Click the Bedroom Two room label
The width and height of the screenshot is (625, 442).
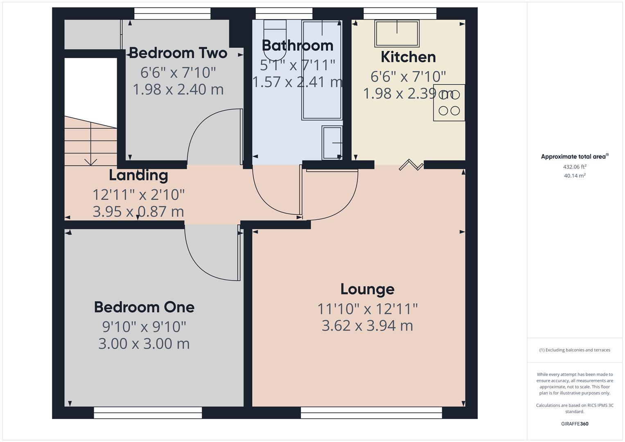click(x=178, y=53)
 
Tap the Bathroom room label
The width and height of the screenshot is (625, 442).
click(x=298, y=45)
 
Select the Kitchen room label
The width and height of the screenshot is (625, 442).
click(x=408, y=57)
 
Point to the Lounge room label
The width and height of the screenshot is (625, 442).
click(x=367, y=289)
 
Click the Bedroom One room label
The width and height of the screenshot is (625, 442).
click(x=144, y=307)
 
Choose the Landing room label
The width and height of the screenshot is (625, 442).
click(x=138, y=175)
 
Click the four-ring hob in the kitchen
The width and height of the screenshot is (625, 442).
click(x=449, y=103)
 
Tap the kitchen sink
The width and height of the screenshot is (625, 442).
click(x=397, y=34)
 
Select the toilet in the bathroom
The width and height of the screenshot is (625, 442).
click(x=275, y=40)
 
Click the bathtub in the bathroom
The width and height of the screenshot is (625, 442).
click(x=322, y=70)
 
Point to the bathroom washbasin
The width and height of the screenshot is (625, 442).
click(x=332, y=142)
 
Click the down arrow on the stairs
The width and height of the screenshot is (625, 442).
click(x=90, y=160)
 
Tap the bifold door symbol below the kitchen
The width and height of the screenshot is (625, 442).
click(x=411, y=165)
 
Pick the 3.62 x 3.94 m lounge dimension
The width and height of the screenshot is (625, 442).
click(x=367, y=326)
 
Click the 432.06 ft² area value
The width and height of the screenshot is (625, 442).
click(x=575, y=167)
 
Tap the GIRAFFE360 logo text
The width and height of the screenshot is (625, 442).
click(x=575, y=424)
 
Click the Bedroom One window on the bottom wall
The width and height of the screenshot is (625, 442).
click(x=148, y=413)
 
